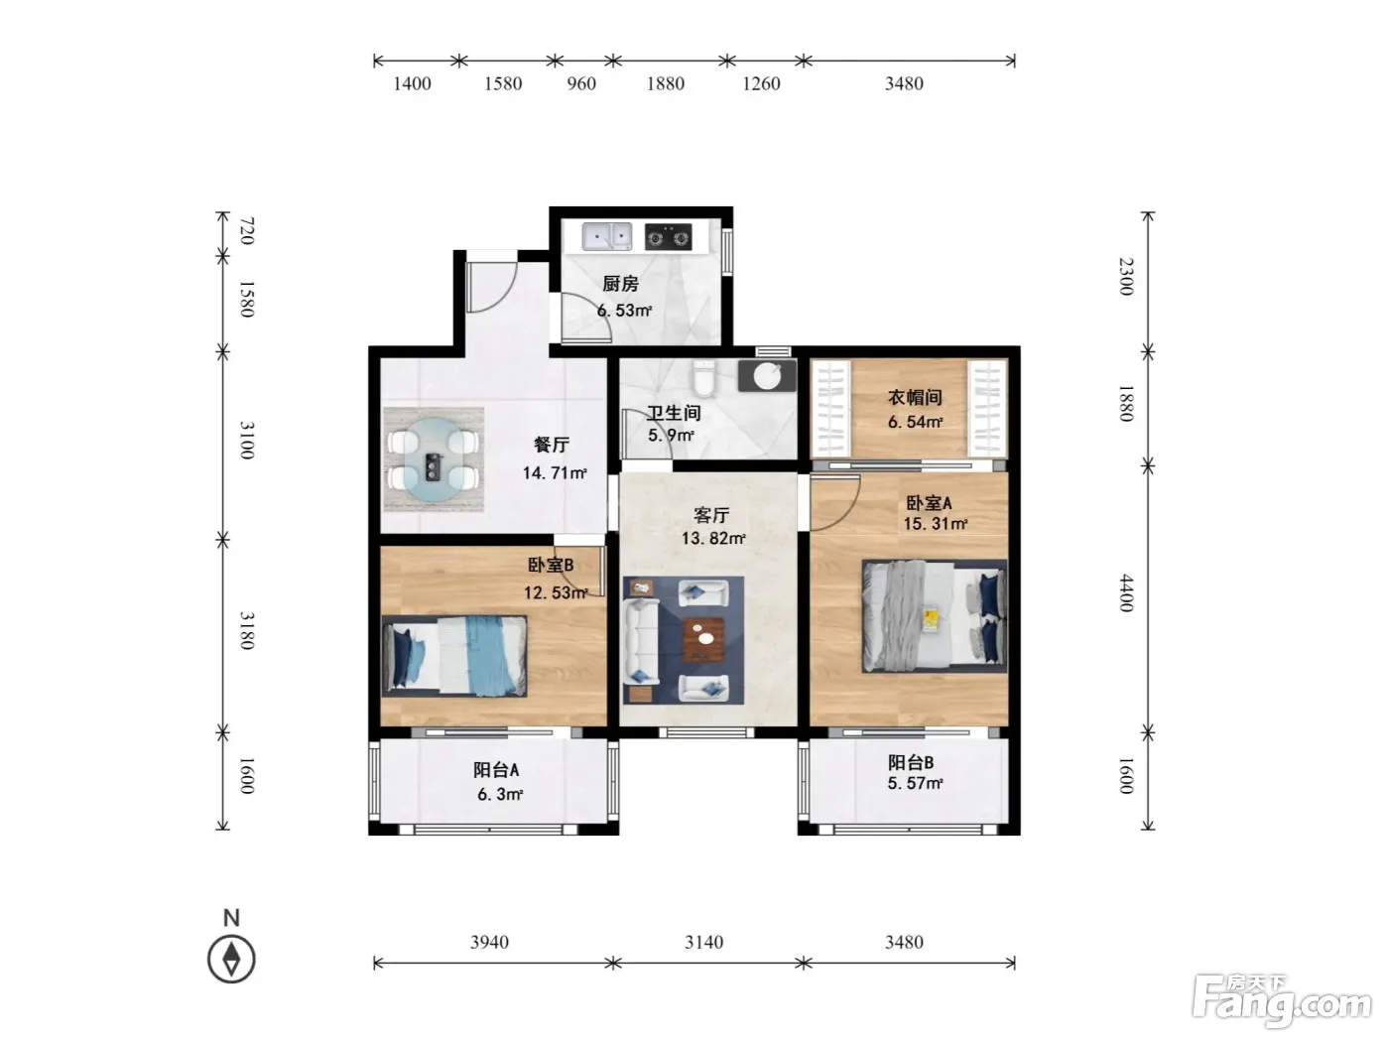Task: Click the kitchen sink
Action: pos(607,236)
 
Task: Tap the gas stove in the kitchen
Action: pos(668,237)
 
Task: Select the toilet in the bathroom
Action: pos(703,377)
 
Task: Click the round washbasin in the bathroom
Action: pos(767,376)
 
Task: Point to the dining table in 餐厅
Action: pos(434,458)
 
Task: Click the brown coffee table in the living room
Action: pos(703,640)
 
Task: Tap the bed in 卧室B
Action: pos(454,655)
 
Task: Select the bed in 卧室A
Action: pos(934,615)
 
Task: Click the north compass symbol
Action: pos(231,959)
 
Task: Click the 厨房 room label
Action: pos(620,284)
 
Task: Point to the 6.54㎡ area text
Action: pos(915,422)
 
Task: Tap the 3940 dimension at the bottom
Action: pos(489,942)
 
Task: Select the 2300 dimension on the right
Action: pos(1126,276)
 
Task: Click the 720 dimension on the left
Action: pos(247,230)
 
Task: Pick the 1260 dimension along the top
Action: pos(761,83)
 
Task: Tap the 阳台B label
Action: pos(911,762)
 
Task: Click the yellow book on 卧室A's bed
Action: pos(931,619)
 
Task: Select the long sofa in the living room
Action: pos(641,640)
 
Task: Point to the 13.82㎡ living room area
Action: pos(713,539)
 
